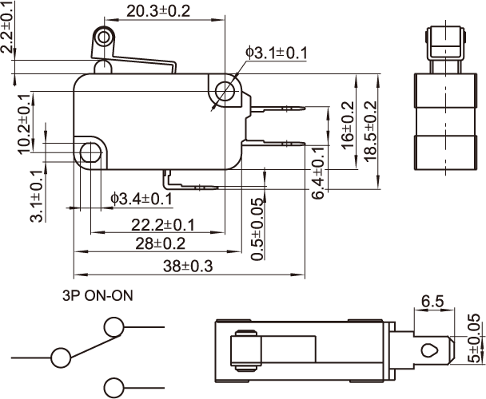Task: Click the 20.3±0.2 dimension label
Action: (158, 11)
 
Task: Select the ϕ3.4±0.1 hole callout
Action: (142, 198)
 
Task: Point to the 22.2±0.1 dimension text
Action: (163, 225)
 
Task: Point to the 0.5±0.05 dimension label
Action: (257, 229)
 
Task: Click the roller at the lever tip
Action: (102, 38)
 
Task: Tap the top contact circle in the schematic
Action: (114, 326)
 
